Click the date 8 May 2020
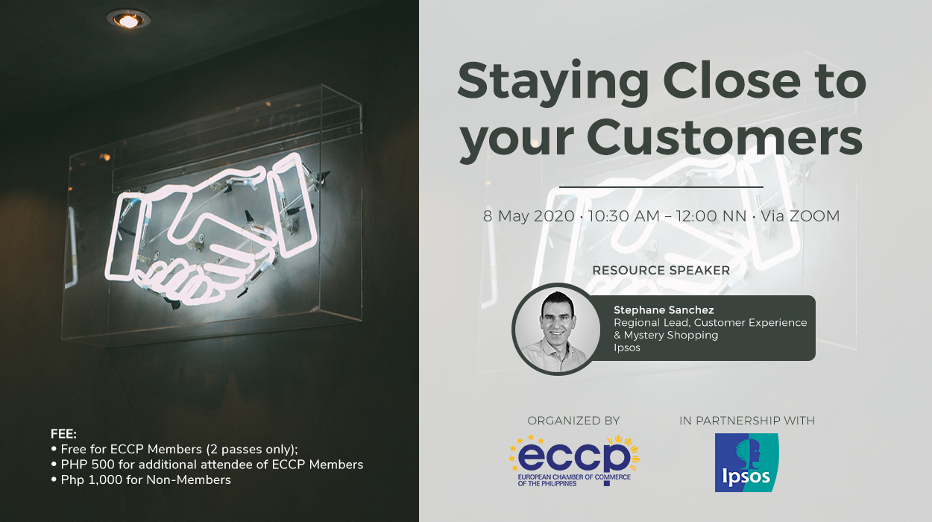[529, 216]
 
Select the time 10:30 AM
[624, 216]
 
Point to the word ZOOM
[812, 216]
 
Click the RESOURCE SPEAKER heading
[661, 270]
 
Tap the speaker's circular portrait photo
[556, 329]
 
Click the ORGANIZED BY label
[573, 421]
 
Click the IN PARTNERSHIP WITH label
[746, 421]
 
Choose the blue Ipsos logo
[746, 462]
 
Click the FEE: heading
[63, 433]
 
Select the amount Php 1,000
[87, 479]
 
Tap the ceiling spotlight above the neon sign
[127, 20]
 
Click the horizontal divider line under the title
[661, 186]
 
